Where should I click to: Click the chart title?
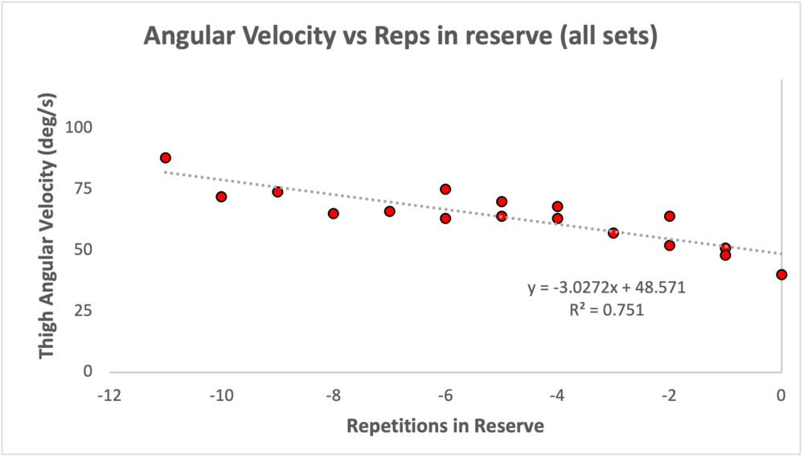tap(400, 36)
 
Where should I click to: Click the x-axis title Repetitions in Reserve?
tap(445, 426)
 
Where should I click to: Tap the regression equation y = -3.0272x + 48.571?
tap(606, 287)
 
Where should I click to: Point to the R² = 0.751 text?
tap(606, 308)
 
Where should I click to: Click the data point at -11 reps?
tap(166, 157)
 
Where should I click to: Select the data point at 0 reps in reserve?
tap(781, 275)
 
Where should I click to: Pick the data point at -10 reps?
tap(221, 197)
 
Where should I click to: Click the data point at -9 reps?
tap(277, 192)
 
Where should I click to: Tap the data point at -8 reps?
tap(334, 214)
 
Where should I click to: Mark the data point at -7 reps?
tap(389, 211)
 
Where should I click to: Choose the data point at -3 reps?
tap(613, 233)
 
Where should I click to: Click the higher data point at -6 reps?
tap(445, 189)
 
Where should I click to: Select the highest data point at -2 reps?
tap(669, 216)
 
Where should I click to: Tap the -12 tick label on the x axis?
tap(109, 395)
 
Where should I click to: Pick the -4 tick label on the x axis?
tap(557, 395)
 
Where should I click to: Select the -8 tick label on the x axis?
tap(333, 395)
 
